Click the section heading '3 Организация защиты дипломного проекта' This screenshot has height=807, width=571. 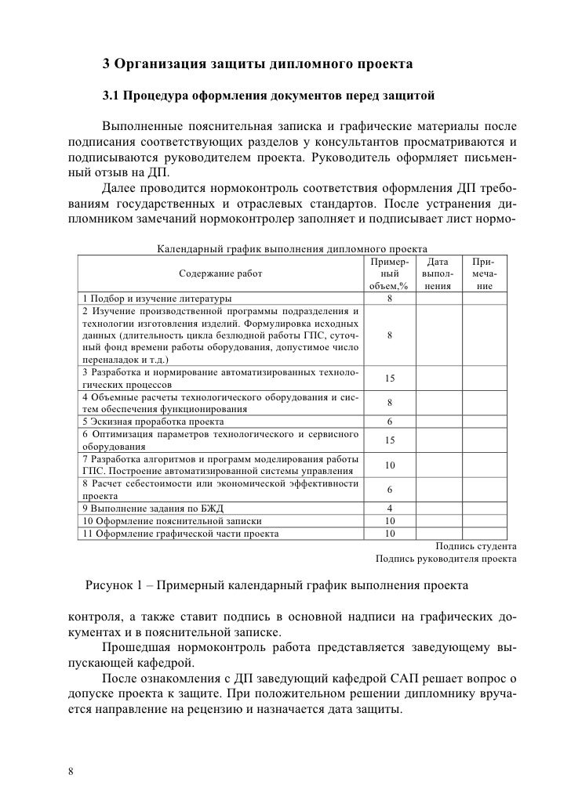[x=258, y=63]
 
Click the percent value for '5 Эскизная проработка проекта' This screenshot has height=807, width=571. [x=390, y=422]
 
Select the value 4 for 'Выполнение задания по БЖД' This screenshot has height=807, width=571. [x=390, y=508]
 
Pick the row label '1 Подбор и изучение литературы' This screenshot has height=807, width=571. [x=157, y=299]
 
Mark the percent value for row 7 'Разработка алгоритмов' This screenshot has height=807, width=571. [x=390, y=465]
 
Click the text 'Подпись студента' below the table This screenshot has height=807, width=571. [x=475, y=547]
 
